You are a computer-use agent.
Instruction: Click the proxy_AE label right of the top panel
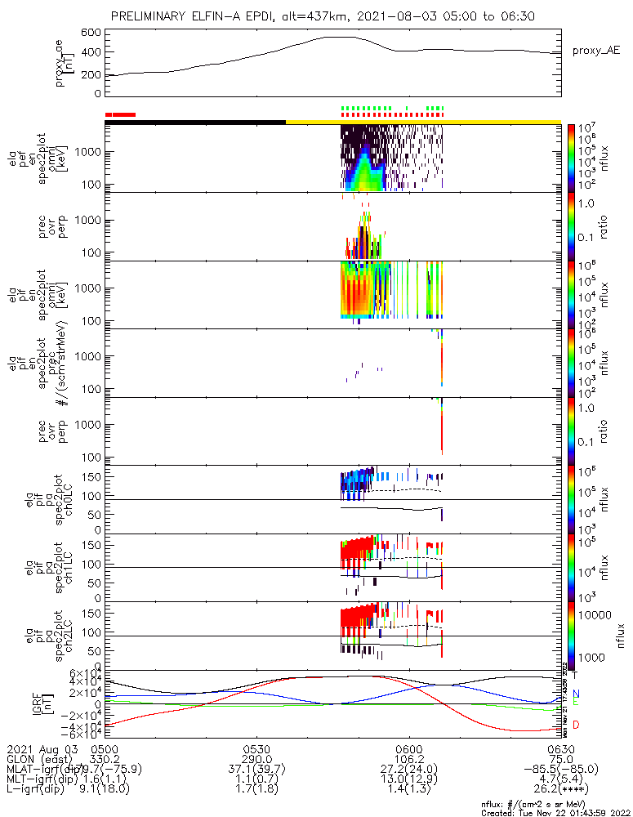pyautogui.click(x=593, y=51)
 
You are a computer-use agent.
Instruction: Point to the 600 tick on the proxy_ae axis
pyautogui.click(x=91, y=33)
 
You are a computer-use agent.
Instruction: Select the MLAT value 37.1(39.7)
pyautogui.click(x=256, y=770)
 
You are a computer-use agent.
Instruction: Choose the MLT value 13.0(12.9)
pyautogui.click(x=408, y=780)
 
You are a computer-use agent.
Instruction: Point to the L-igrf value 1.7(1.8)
pyautogui.click(x=256, y=791)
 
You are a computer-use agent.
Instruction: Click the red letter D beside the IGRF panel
pyautogui.click(x=576, y=725)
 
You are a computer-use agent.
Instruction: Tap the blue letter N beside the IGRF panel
pyautogui.click(x=576, y=693)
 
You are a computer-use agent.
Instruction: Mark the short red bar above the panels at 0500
pyautogui.click(x=121, y=115)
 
